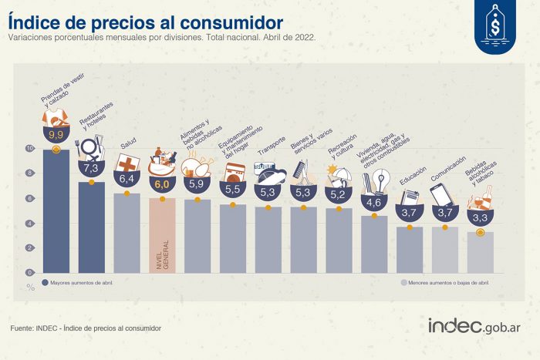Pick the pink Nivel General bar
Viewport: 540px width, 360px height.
(x=163, y=235)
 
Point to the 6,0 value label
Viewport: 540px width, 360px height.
(x=162, y=184)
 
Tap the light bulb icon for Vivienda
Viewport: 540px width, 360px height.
(x=378, y=180)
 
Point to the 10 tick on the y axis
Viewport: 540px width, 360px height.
(x=30, y=149)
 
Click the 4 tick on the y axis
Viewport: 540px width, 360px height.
(x=30, y=224)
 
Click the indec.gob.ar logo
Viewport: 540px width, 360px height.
(x=474, y=326)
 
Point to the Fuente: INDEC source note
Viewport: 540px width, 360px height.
(x=86, y=329)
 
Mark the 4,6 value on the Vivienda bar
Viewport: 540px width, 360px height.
(x=374, y=203)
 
